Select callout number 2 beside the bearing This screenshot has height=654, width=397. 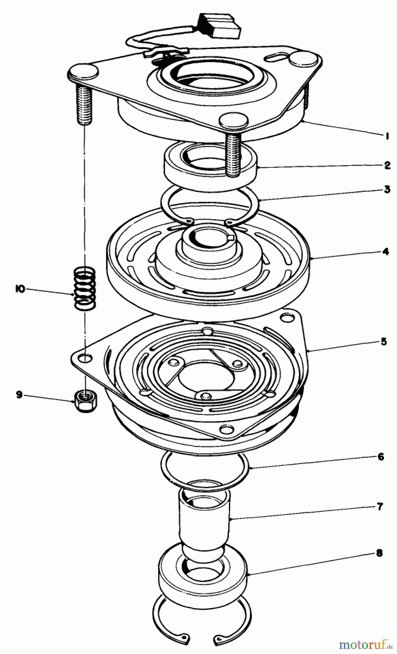[x=387, y=166]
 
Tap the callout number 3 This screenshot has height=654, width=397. [x=387, y=189]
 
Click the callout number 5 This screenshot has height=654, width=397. [x=384, y=342]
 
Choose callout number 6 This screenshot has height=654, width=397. [x=380, y=457]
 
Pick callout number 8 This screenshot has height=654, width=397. [x=379, y=553]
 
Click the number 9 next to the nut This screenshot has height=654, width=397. [x=19, y=395]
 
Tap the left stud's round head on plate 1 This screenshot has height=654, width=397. [x=83, y=71]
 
